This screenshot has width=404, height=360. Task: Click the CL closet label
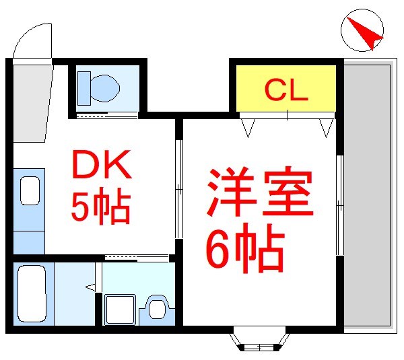[x=285, y=90]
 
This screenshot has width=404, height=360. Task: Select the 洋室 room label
[x=259, y=191]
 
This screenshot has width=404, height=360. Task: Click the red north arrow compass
[x=362, y=32]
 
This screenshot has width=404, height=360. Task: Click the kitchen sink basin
[x=29, y=190]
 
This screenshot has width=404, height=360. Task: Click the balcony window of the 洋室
[x=340, y=205]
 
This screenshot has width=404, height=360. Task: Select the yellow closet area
[x=285, y=87]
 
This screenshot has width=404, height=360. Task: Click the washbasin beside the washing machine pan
[x=158, y=309]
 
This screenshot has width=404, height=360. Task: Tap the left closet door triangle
[x=248, y=127]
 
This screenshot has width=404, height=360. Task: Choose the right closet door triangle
[x=327, y=127]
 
